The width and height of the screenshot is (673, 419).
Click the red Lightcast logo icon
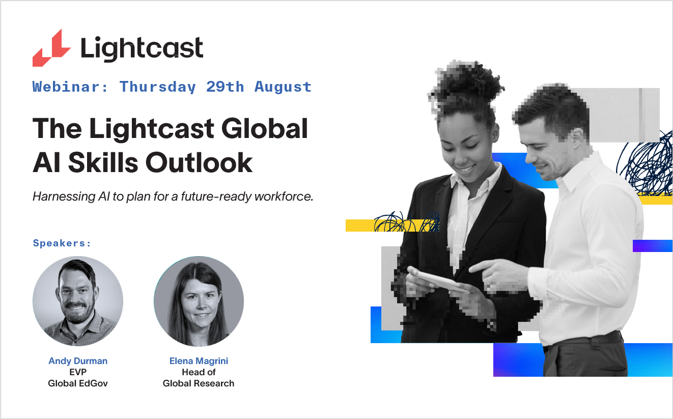(51, 48)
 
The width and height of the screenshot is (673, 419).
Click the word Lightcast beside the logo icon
(142, 49)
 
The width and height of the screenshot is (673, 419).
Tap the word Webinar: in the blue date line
(70, 87)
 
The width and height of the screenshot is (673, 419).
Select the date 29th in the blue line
(225, 87)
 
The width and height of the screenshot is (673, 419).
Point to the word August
(283, 87)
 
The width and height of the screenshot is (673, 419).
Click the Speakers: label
(62, 243)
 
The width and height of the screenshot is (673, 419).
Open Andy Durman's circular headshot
(78, 301)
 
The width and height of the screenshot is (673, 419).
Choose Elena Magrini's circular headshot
(199, 301)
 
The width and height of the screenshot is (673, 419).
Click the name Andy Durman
(78, 361)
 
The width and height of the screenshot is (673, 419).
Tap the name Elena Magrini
(199, 361)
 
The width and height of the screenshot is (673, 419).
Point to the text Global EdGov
(78, 383)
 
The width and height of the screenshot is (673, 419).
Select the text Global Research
(199, 383)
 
